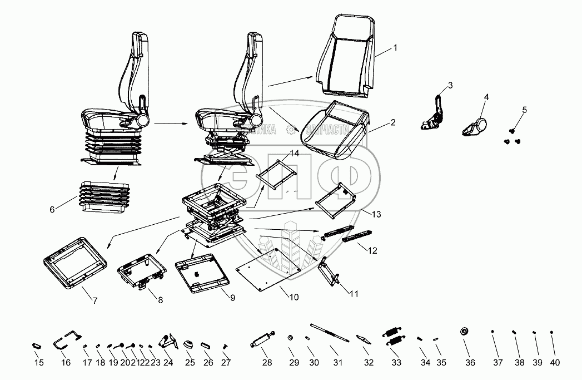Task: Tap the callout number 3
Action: pos(450,85)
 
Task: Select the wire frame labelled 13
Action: pos(335,199)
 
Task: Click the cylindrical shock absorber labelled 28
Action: pos(262,339)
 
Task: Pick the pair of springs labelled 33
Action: pos(395,338)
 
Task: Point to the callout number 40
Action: pos(555,362)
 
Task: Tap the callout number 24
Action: pos(168,362)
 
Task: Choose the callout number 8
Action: pos(160,300)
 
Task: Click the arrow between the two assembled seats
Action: pos(170,122)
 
